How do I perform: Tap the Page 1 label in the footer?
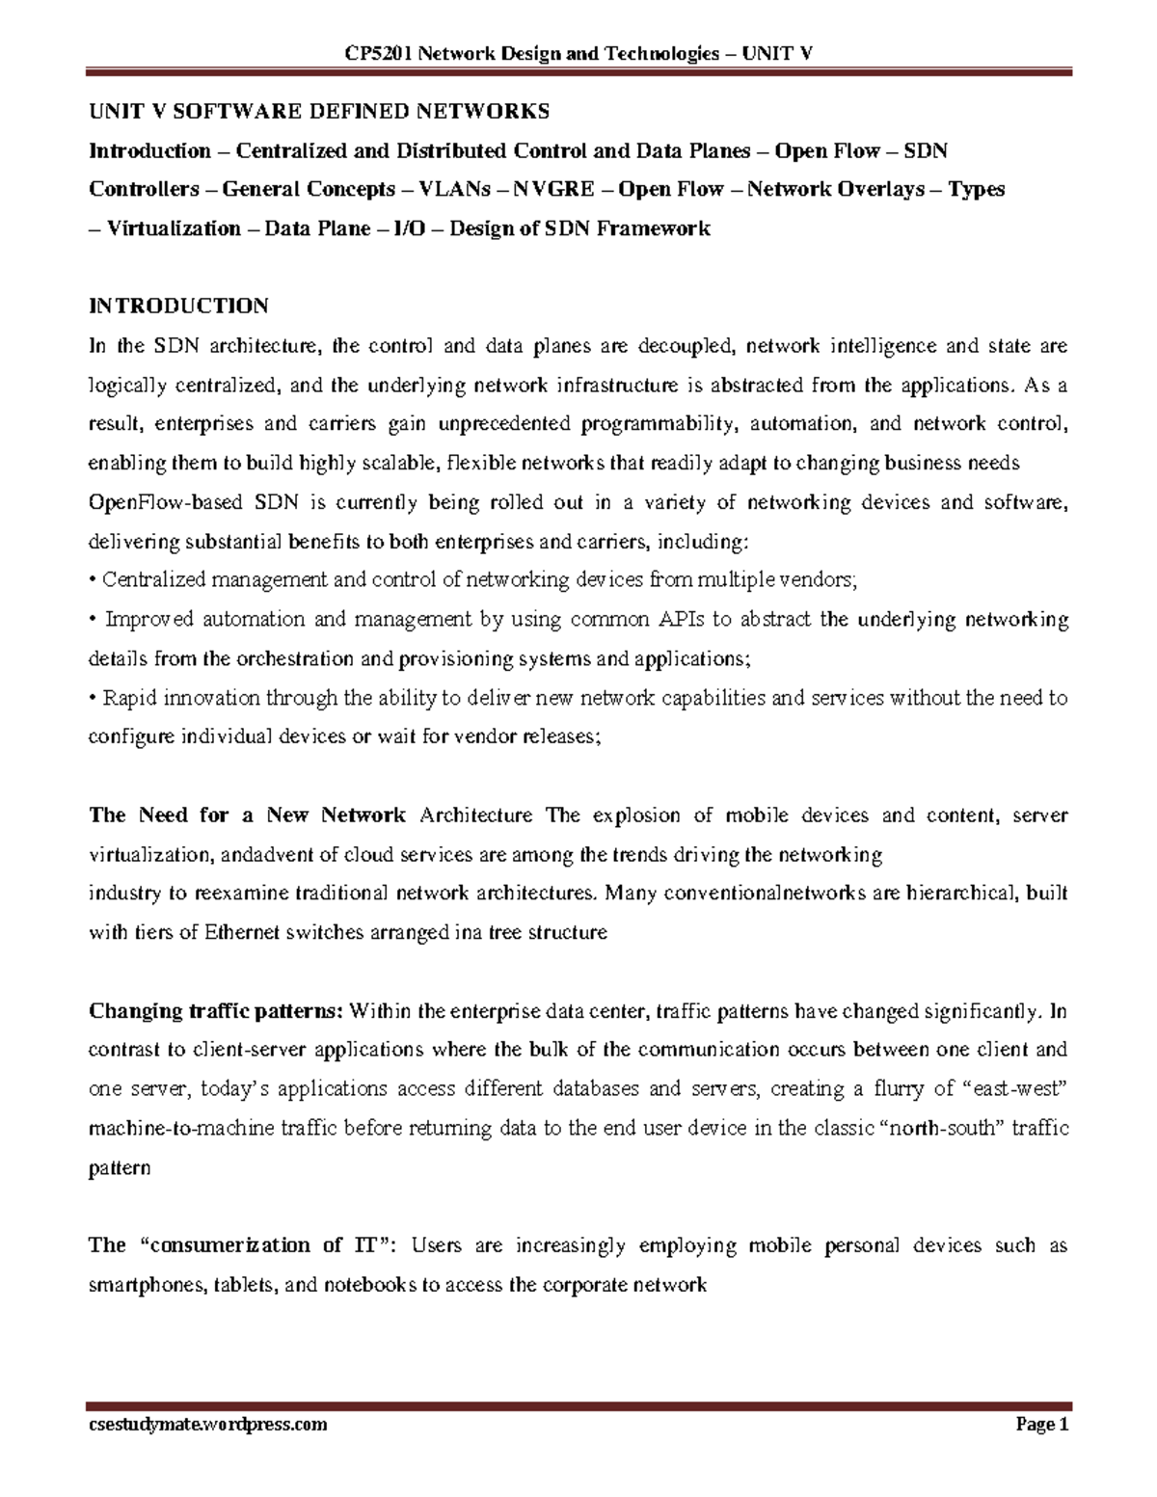(x=1042, y=1425)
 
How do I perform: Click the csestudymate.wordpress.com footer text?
(x=208, y=1425)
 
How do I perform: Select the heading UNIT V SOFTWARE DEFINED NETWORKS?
(x=319, y=112)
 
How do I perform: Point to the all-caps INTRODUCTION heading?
(x=178, y=307)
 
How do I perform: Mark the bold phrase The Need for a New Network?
(x=247, y=815)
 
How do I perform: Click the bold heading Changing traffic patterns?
(x=216, y=1011)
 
